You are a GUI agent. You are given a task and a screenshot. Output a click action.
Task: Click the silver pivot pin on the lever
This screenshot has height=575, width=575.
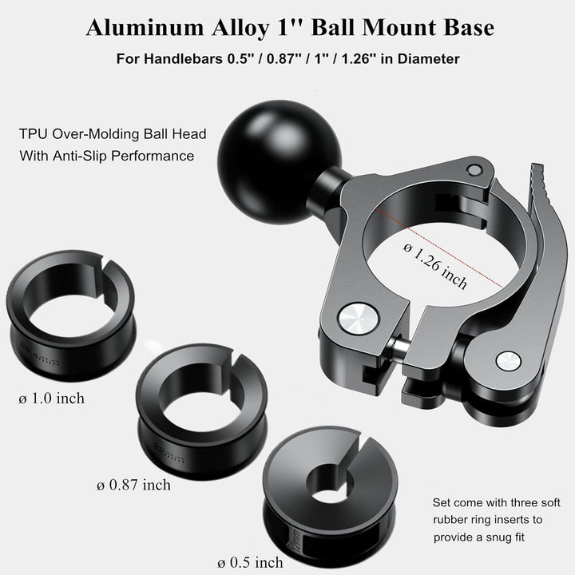tap(505, 361)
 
